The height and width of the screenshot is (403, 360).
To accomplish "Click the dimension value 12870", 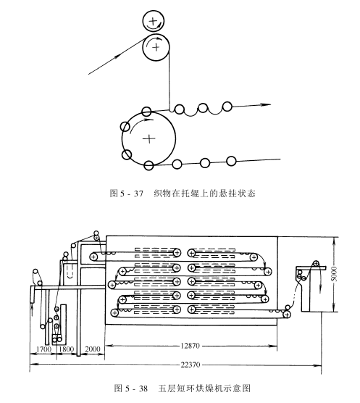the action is [x=190, y=346].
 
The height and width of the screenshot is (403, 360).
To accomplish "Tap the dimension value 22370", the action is [x=190, y=365].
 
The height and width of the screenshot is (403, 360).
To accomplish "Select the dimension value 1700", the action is [x=43, y=349].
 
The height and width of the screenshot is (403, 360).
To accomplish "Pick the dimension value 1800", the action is [x=66, y=349].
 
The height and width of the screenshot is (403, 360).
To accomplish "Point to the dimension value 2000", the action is [x=93, y=349].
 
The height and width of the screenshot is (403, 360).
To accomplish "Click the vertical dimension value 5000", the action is [x=335, y=274].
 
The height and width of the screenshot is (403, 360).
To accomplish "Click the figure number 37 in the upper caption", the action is [x=138, y=194].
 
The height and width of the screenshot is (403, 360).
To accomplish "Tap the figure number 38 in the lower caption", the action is [x=143, y=389].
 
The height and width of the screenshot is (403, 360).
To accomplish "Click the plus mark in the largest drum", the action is [x=148, y=139].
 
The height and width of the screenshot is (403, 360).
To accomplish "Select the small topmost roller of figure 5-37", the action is [x=154, y=21].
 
